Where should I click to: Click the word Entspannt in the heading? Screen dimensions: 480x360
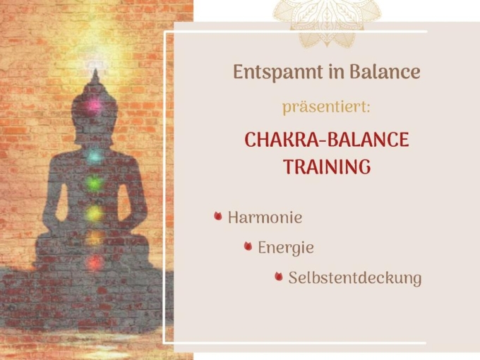tap(278, 73)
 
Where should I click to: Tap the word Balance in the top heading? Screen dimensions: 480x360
tap(385, 72)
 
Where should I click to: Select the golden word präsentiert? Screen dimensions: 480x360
tap(326, 107)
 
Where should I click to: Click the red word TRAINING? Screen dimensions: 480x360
tap(327, 167)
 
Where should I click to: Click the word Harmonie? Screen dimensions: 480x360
tap(265, 217)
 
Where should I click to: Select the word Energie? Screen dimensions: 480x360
tap(286, 248)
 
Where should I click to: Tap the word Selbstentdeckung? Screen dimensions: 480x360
tap(355, 278)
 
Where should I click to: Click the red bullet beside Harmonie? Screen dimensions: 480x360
tap(218, 216)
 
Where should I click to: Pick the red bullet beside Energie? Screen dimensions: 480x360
tap(248, 246)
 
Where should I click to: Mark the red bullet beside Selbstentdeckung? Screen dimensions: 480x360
tap(279, 276)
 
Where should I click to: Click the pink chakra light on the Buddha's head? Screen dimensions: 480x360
tap(94, 106)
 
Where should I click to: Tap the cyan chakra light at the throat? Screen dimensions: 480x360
tap(95, 157)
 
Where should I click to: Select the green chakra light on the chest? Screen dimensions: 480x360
tap(95, 183)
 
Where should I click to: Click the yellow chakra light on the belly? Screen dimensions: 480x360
tap(95, 212)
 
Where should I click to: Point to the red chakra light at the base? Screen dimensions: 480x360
tap(95, 262)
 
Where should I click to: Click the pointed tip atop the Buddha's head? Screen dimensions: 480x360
tap(95, 70)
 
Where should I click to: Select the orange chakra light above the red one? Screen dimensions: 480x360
tap(95, 237)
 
